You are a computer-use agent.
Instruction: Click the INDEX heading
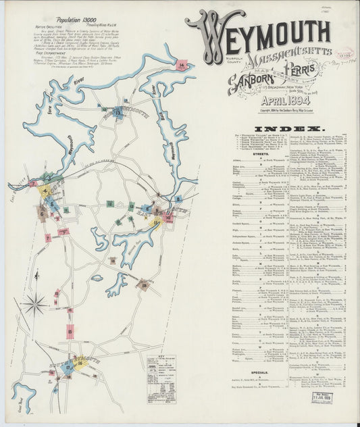288,128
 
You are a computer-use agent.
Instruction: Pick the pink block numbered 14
182,64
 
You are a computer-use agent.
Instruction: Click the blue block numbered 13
119,114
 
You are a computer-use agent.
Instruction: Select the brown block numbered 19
143,284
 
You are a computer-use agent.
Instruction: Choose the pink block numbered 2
33,183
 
